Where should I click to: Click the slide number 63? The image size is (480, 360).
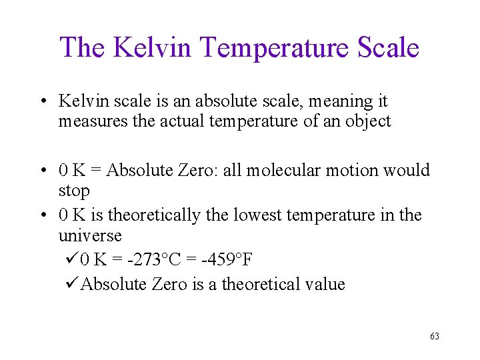point(435,337)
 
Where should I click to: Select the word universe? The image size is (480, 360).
point(90,236)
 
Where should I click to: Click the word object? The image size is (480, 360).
point(367,122)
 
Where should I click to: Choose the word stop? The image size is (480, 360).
point(74,191)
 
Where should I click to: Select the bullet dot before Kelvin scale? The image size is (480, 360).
point(43,102)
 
